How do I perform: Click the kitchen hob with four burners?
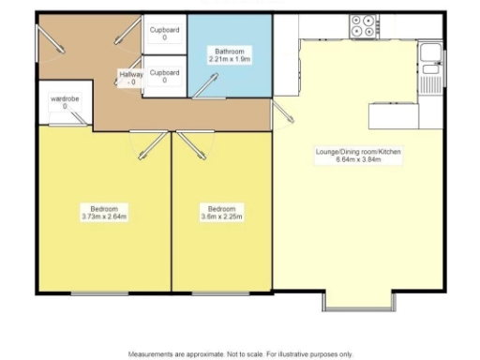click(x=363, y=26)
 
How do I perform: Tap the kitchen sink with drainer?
click(x=430, y=65)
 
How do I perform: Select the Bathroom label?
click(x=228, y=51)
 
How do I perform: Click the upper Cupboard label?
click(x=165, y=30)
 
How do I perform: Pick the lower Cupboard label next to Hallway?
click(x=165, y=72)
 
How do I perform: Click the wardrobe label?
click(x=65, y=99)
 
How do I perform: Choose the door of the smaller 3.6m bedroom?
click(x=194, y=143)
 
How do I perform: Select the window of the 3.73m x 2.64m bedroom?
click(x=99, y=293)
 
